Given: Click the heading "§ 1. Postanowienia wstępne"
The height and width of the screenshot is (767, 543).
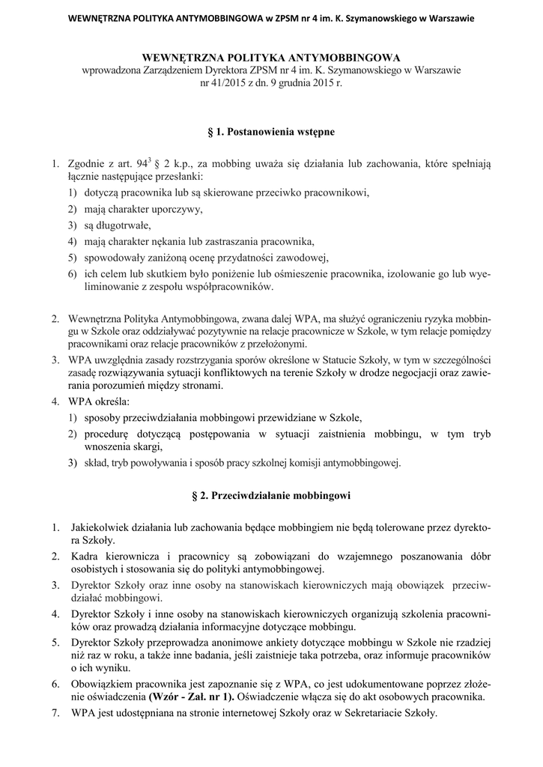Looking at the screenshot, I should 271,132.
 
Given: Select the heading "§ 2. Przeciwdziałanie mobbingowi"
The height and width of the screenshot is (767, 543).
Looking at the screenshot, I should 271,496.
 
